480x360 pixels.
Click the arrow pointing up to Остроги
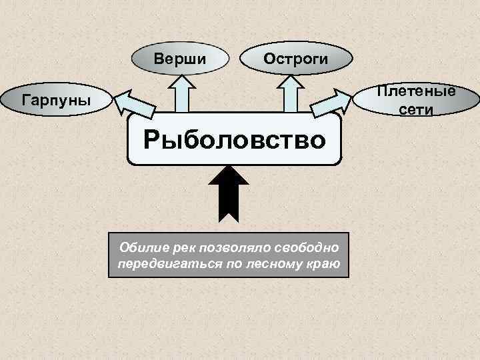(290, 93)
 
